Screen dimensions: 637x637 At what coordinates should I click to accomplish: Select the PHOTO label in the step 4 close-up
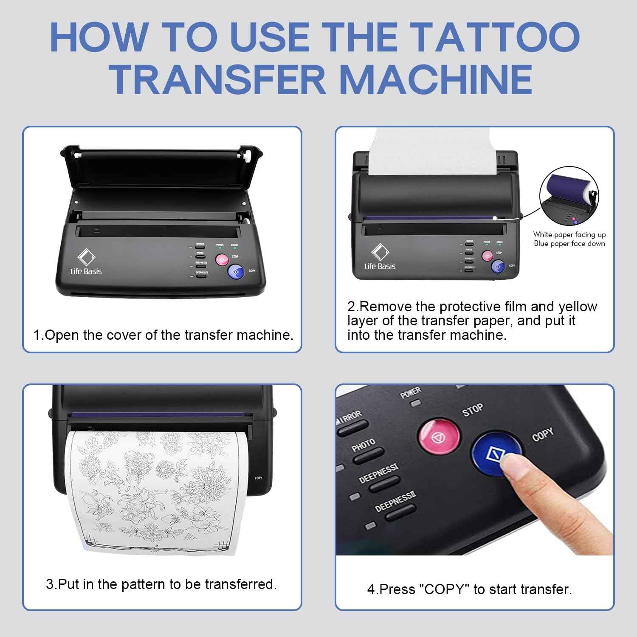click(363, 446)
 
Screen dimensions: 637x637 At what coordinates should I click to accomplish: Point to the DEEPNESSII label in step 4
click(395, 502)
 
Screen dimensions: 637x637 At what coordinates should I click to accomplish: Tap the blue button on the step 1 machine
click(236, 272)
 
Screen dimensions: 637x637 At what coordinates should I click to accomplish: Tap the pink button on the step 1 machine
click(221, 259)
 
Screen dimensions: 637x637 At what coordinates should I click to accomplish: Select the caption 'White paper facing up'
click(569, 234)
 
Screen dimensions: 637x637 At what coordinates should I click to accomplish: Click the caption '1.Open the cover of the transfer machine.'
click(163, 335)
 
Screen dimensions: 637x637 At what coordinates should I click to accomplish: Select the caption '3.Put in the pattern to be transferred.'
click(161, 584)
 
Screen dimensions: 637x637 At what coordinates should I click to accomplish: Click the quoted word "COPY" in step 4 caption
click(444, 589)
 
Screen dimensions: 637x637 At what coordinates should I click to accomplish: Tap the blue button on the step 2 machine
click(498, 267)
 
